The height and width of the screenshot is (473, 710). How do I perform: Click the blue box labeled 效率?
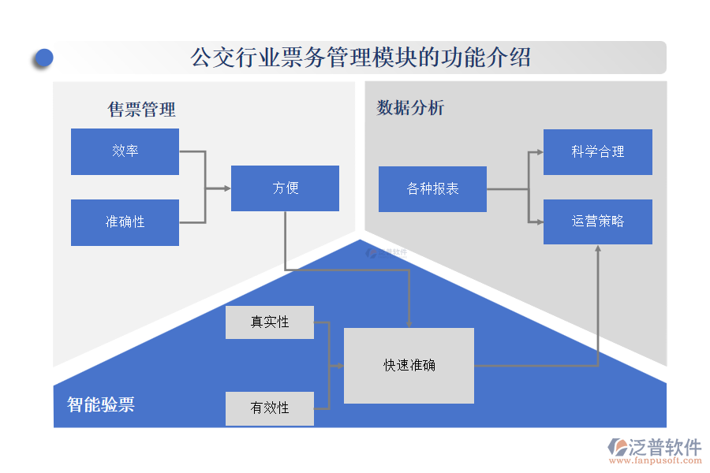coord(125,151)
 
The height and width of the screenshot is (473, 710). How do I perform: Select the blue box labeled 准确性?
coord(125,222)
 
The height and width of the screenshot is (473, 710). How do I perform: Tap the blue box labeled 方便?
coord(285,188)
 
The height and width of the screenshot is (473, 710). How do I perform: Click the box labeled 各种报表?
coord(432,189)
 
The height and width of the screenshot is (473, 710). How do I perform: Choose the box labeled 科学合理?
coord(597,152)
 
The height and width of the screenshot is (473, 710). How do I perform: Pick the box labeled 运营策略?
coord(597,222)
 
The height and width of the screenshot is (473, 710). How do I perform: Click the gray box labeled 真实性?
coord(269,322)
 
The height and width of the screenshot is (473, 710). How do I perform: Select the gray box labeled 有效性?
coord(269,408)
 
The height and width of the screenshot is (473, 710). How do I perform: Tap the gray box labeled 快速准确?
coord(409,365)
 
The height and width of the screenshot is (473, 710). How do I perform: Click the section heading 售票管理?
coord(142,110)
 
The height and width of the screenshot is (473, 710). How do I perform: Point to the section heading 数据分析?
coord(410,108)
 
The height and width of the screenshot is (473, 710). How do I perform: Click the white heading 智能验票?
coord(101,404)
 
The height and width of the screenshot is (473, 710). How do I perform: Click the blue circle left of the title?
coord(44,58)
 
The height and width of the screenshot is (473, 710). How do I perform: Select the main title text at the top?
coord(361,58)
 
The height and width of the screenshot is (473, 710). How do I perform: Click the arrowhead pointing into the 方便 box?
coord(226,188)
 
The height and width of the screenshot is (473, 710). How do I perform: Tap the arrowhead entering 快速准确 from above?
coord(409,323)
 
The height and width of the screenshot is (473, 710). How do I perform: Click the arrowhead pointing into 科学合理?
coord(539,152)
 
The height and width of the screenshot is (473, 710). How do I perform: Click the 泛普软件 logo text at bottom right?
coord(664,447)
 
